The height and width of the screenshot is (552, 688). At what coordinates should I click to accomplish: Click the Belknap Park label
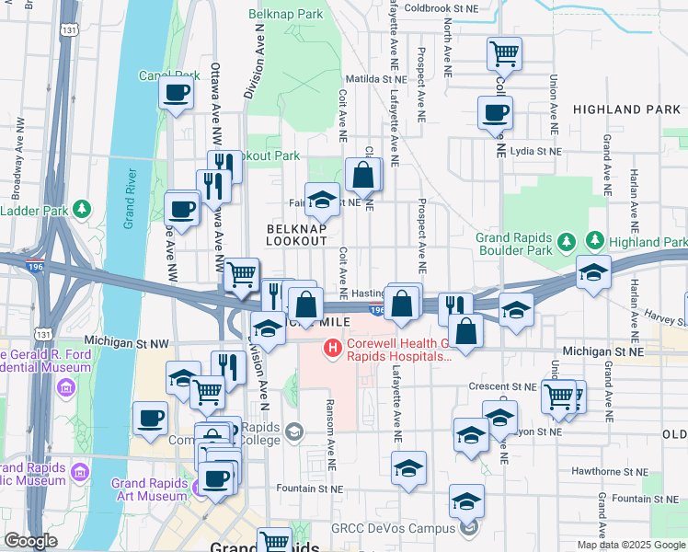285,14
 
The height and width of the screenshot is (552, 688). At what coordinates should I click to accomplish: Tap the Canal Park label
168,75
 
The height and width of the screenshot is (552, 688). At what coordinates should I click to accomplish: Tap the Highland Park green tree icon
594,240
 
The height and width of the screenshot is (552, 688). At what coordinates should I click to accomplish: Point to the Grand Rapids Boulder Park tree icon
568,241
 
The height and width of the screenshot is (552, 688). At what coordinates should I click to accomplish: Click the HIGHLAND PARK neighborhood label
626,109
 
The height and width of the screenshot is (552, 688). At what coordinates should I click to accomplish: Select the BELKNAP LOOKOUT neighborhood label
296,234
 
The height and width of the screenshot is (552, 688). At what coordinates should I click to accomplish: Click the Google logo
30,540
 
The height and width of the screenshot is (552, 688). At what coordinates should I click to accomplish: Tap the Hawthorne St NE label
580,470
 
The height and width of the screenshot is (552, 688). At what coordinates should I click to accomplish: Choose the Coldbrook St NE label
442,8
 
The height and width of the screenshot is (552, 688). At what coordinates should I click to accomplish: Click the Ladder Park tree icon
83,210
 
